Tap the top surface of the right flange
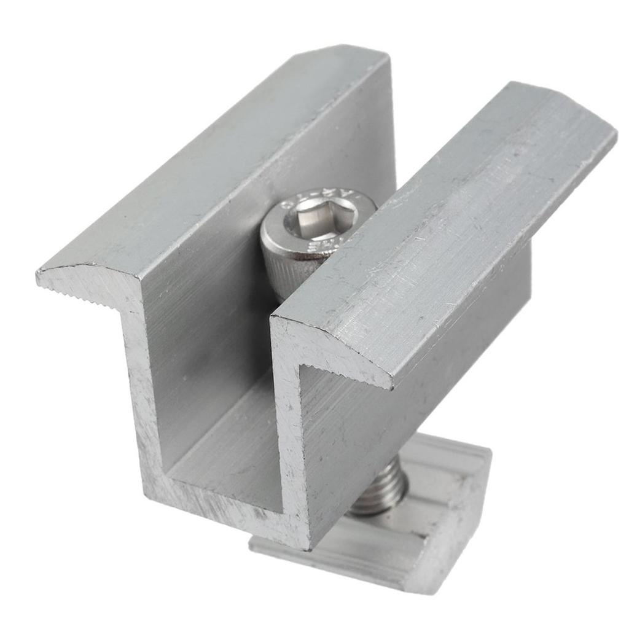[x=448, y=227]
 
